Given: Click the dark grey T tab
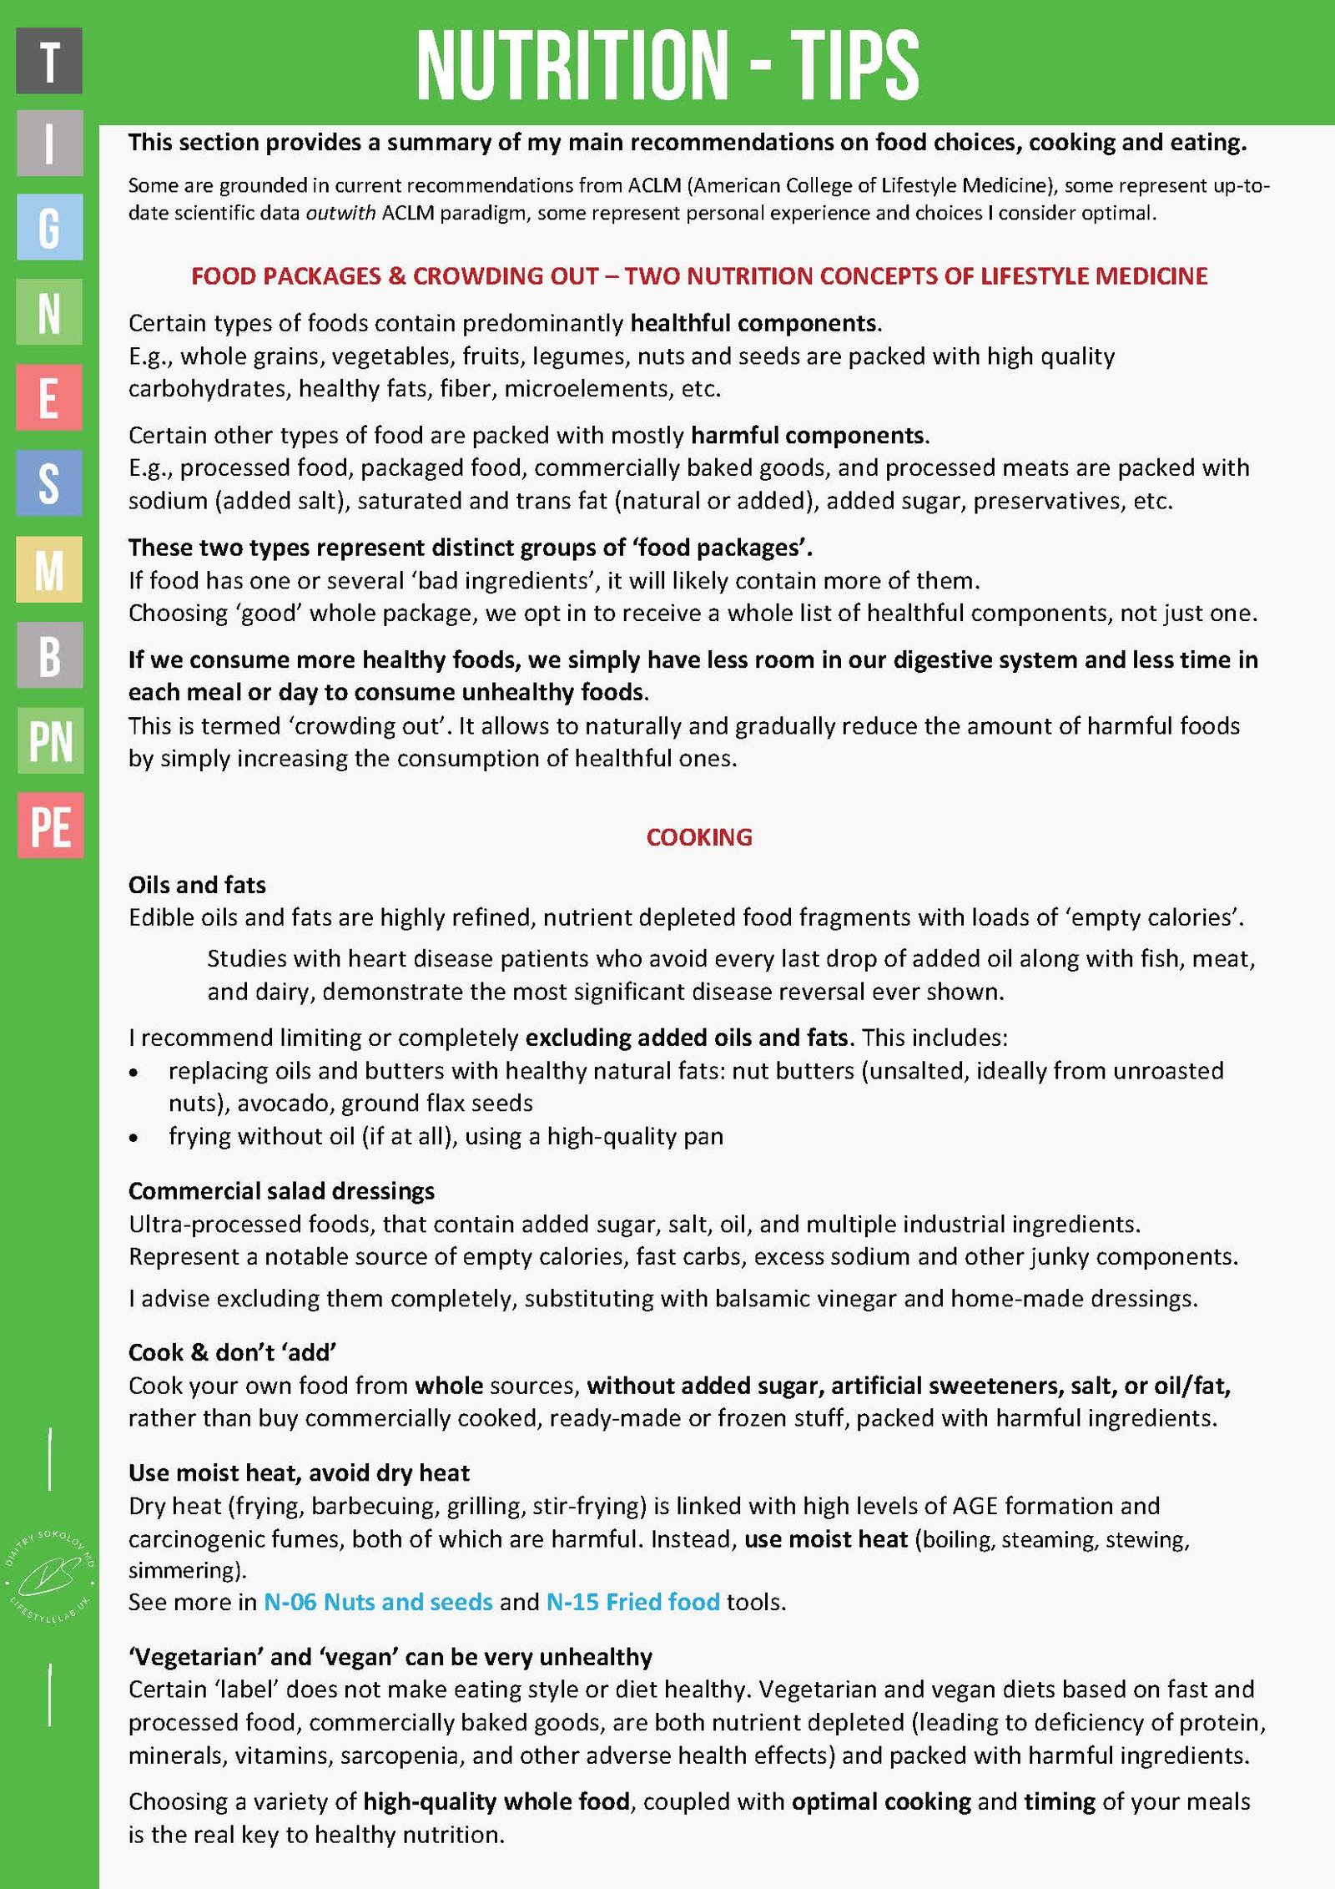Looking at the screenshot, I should pos(49,60).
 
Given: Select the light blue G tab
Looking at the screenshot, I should pos(49,227).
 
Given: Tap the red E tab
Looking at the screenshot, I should pos(49,397).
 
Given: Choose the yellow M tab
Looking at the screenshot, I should pos(49,569).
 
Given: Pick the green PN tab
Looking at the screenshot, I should pos(50,740).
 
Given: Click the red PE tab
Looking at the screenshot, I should pos(50,826).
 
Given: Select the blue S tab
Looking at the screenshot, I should pos(49,482).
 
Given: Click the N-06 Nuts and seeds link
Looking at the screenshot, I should pos(378,1602).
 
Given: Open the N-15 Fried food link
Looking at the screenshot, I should pos(632,1602).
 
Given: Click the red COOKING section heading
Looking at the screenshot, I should pos(699,837).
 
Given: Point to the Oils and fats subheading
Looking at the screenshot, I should pos(197,885).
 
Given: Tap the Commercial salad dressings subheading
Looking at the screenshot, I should pos(281,1191).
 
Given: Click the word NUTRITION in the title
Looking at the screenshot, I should pos(572,64).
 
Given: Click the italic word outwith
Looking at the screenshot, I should pos(340,213).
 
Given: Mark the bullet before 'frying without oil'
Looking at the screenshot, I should pos(133,1138).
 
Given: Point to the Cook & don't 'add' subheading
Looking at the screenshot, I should pos(232,1352).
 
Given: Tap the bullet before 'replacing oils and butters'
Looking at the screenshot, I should pos(133,1073).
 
